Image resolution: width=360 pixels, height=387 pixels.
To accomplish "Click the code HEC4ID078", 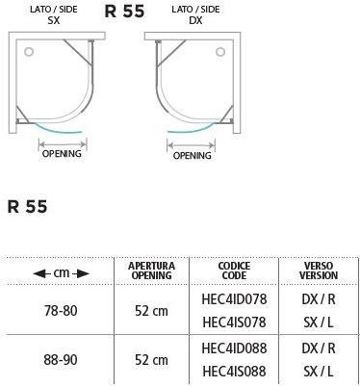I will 234,299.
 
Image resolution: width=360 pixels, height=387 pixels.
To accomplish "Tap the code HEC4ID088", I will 234,348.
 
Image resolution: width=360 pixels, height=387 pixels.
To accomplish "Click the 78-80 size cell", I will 61,309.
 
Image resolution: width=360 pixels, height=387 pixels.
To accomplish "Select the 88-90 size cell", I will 61,359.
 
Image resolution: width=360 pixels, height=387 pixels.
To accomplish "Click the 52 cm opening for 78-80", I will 151,309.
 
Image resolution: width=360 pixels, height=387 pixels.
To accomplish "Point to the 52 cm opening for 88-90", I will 151,359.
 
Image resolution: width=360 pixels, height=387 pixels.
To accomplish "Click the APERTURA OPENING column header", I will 151,270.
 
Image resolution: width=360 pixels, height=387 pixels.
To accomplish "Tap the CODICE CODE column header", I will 233,270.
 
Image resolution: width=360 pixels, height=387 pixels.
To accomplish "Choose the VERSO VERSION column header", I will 319,270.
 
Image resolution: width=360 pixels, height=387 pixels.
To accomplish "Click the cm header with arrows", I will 61,273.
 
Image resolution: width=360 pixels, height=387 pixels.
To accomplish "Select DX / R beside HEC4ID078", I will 319,299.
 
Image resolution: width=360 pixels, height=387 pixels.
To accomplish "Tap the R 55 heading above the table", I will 28,206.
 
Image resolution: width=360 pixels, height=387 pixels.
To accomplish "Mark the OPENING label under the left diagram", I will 61,152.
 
